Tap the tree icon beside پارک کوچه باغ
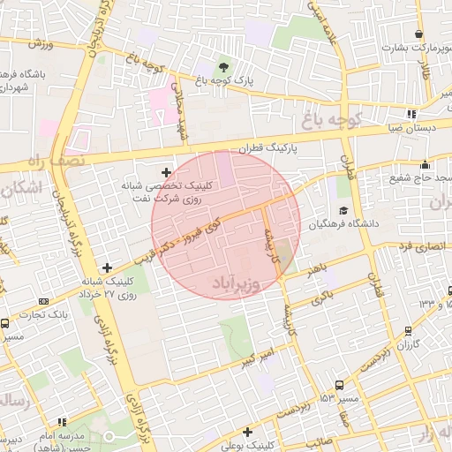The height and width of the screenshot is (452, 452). click(223, 66)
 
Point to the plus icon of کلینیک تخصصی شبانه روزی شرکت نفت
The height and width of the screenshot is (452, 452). click(166, 171)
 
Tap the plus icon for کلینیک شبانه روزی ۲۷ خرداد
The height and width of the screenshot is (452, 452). click(108, 267)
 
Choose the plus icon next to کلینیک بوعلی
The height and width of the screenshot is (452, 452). click(248, 432)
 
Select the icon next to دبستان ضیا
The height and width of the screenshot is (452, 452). click(411, 114)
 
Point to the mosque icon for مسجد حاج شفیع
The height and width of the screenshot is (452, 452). click(426, 164)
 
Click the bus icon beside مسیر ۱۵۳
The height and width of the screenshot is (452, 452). click(339, 384)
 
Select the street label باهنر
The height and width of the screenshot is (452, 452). click(319, 267)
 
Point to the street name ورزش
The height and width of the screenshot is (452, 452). click(41, 44)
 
